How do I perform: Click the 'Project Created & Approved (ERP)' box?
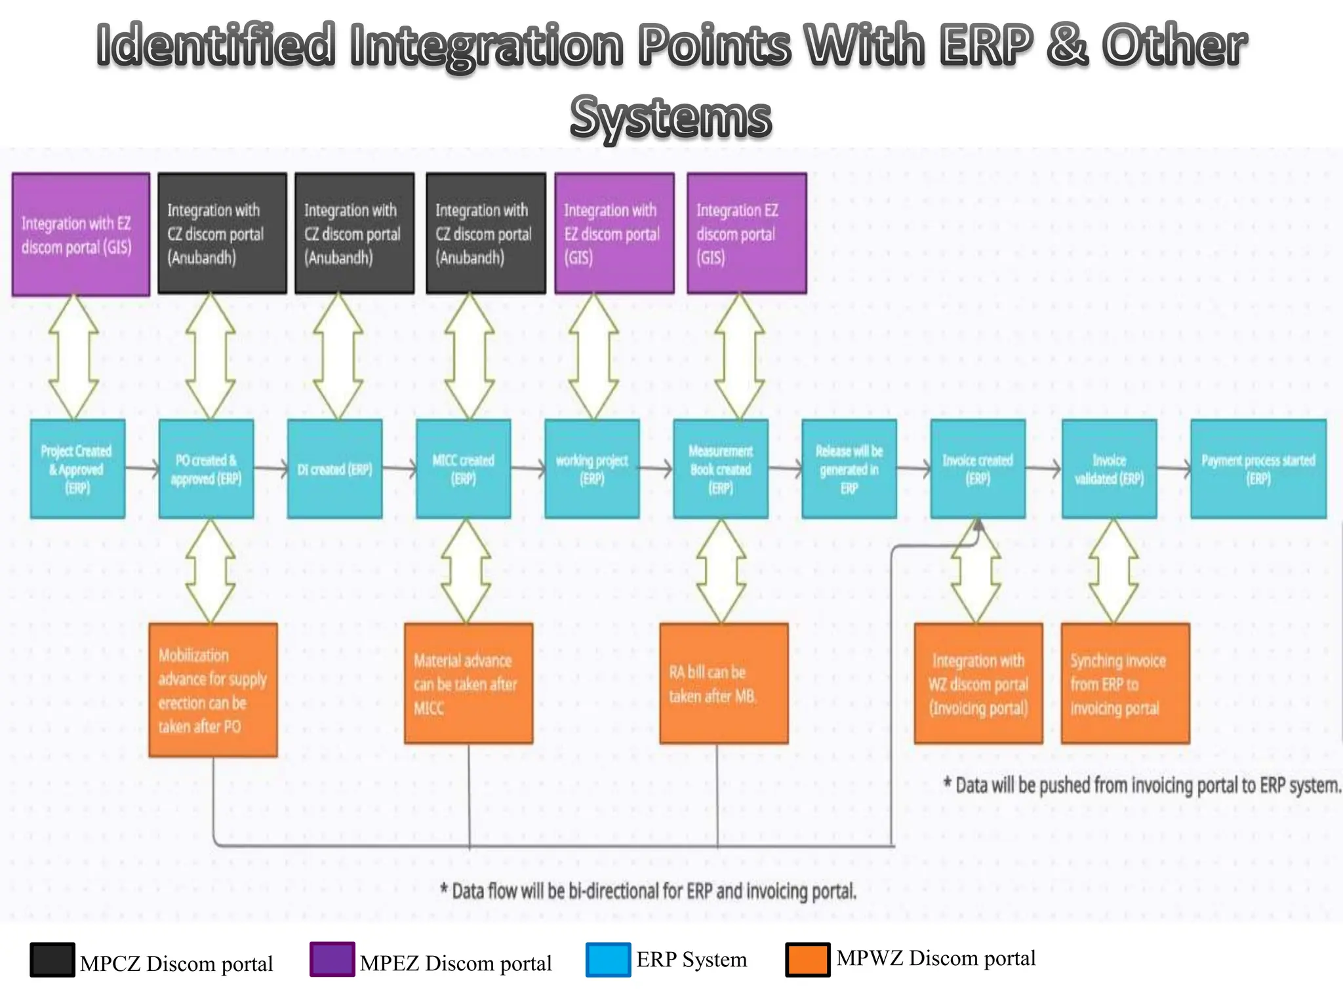[x=77, y=469]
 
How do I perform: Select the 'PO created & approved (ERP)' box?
[x=206, y=469]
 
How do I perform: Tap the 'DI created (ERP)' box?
[x=334, y=469]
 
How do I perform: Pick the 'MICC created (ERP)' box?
[x=463, y=469]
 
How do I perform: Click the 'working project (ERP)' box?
[x=591, y=469]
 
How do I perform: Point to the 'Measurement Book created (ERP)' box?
[x=720, y=469]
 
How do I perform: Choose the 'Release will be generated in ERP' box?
[x=849, y=469]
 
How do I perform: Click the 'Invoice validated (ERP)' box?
[x=1109, y=469]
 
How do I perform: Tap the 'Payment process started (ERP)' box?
[x=1258, y=469]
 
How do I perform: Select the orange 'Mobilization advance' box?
[x=212, y=690]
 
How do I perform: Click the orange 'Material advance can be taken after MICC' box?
[x=468, y=683]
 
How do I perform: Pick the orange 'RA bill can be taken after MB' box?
[x=723, y=683]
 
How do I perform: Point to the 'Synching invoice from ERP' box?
[x=1125, y=683]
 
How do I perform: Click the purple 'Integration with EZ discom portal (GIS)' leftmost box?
[x=81, y=234]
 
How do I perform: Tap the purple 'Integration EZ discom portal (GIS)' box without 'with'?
[x=746, y=233]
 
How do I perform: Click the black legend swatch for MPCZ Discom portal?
[x=52, y=960]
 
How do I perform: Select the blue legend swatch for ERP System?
[x=608, y=960]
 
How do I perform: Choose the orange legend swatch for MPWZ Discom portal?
[x=807, y=960]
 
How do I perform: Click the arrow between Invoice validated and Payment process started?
[x=1173, y=468]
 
